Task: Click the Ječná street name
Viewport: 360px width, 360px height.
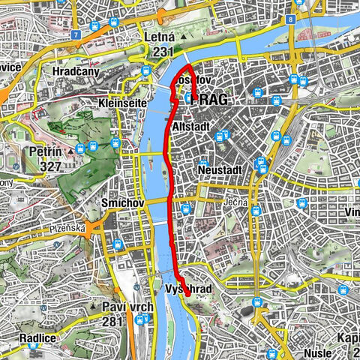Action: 235,202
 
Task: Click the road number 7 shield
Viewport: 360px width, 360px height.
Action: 76,34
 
